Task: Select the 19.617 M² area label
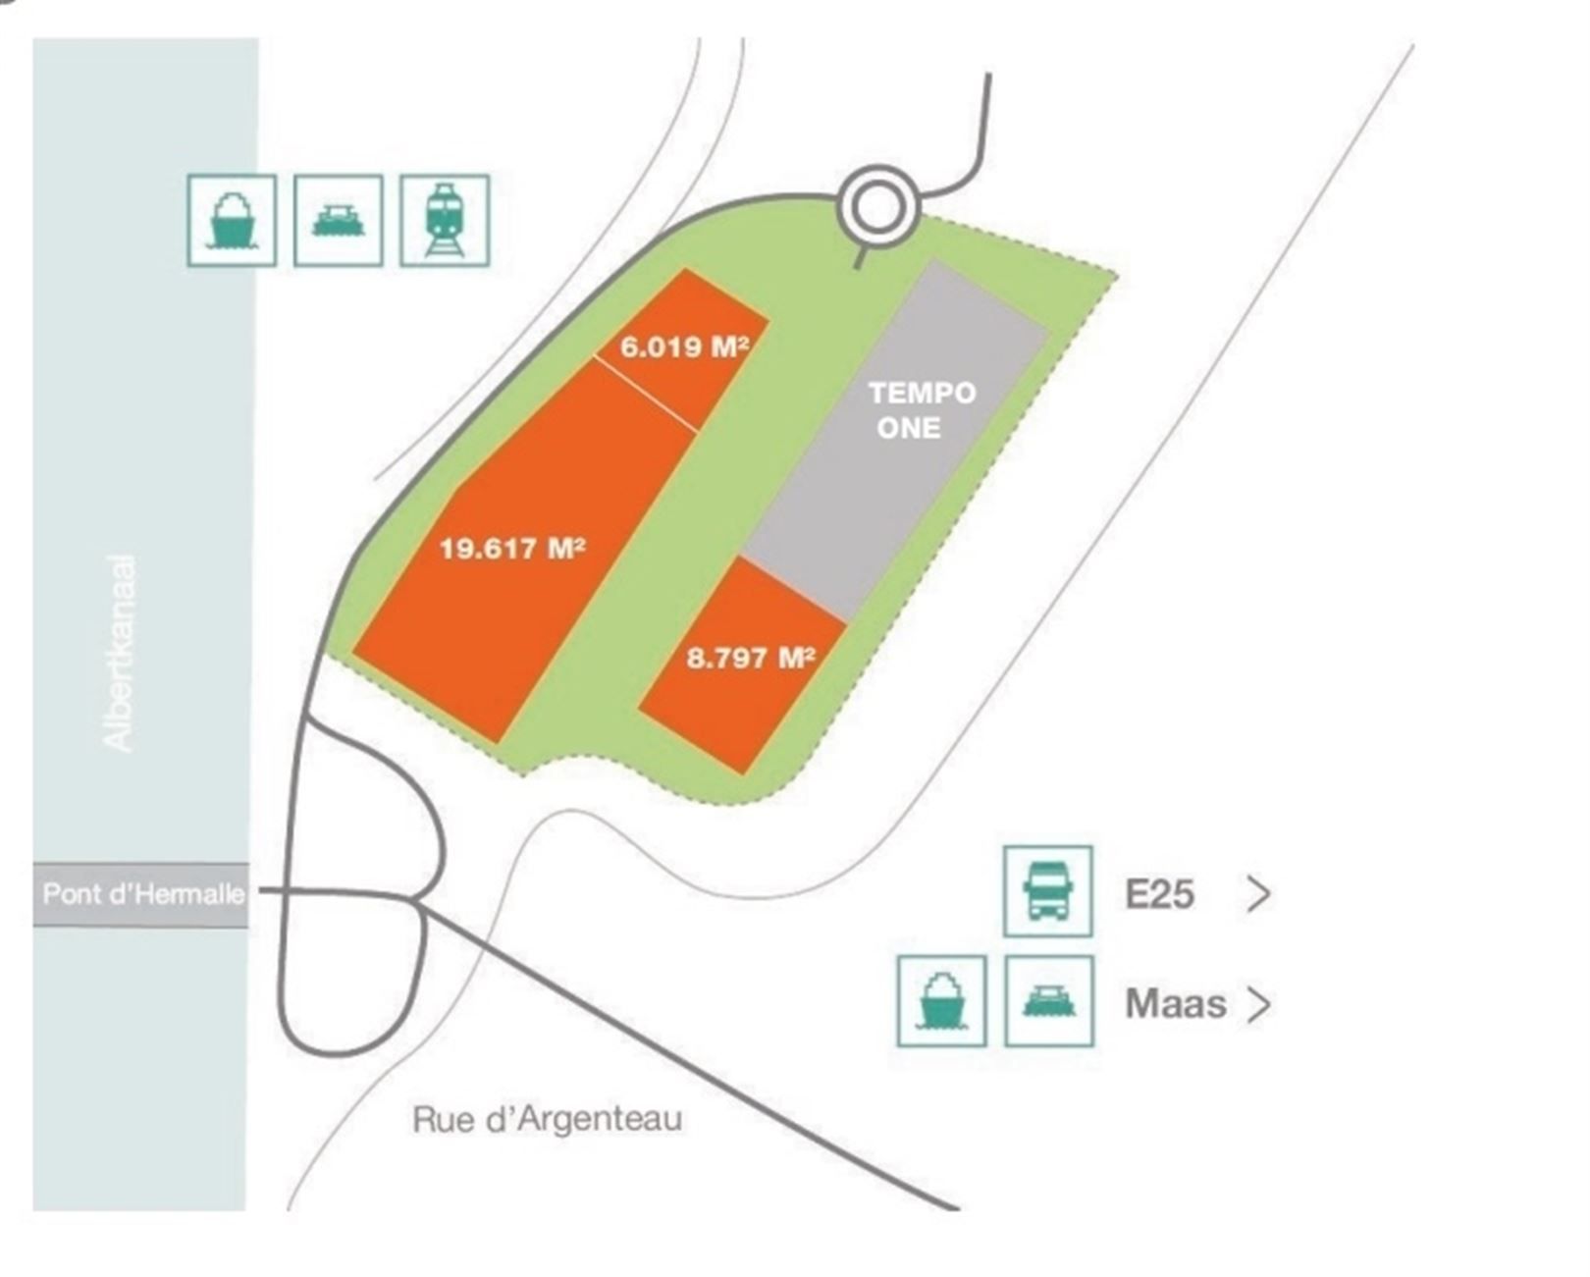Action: point(511,548)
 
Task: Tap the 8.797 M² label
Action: point(751,657)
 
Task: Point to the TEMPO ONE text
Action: point(922,410)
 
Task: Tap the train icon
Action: point(445,220)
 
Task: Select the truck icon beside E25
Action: point(1047,890)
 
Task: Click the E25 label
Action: point(1159,894)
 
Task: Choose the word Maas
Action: point(1175,1004)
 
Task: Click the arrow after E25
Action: point(1258,894)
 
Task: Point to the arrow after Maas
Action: point(1258,1004)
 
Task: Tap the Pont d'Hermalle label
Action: point(142,894)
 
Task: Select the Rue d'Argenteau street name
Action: point(547,1119)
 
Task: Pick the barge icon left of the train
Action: point(339,220)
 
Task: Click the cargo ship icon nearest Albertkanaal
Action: point(232,220)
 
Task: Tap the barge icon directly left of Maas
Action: point(1048,1000)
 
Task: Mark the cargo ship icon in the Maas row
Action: point(941,1000)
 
